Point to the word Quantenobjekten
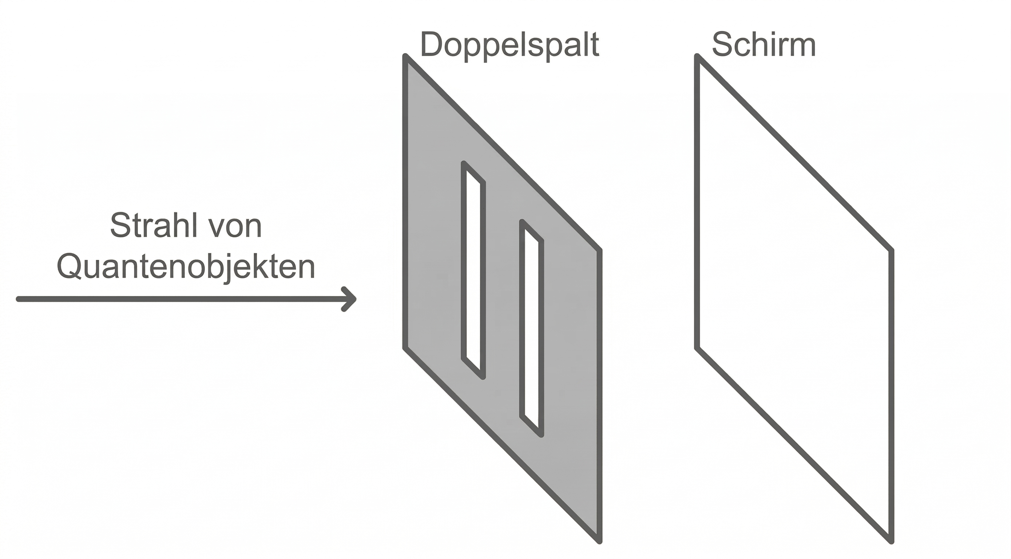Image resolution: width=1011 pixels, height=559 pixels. tap(186, 267)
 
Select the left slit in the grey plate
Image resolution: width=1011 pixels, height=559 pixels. tap(473, 271)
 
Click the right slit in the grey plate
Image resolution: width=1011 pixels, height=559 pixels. tap(532, 329)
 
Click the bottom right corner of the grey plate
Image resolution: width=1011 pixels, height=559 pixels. tap(599, 541)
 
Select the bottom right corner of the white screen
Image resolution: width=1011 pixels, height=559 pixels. tap(891, 541)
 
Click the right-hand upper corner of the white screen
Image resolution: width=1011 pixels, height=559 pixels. tap(891, 250)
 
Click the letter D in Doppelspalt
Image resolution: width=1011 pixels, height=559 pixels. tap(432, 44)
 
